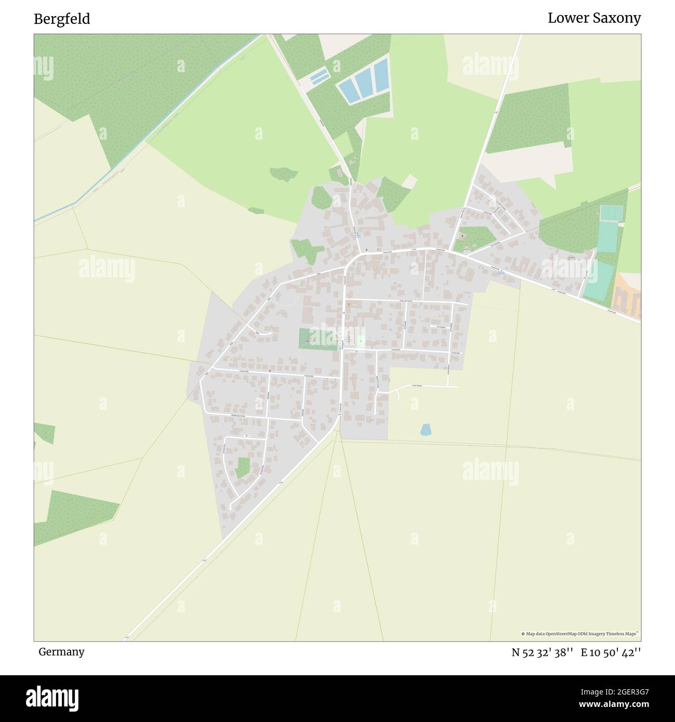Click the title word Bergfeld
pos(62,19)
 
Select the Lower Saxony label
pos(594,18)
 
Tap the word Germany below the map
pos(61,651)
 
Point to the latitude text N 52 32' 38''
pos(542,652)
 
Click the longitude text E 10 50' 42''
pos(611,652)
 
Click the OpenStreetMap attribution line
pos(580,634)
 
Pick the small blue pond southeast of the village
pos(426,430)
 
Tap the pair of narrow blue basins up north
pos(319,76)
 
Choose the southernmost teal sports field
pos(598,280)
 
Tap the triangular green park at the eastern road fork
pos(473,238)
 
